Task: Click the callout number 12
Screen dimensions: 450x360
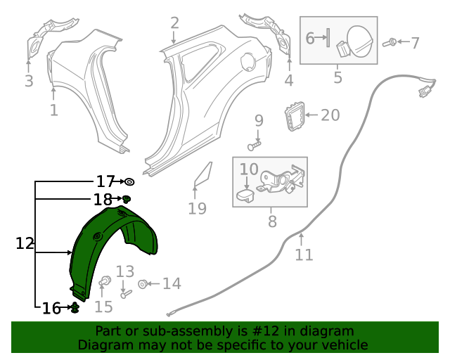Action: pos(25,243)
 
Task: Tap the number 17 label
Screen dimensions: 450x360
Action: pos(105,181)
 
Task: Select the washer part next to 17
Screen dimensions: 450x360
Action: pos(129,181)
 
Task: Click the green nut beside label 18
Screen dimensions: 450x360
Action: pos(127,199)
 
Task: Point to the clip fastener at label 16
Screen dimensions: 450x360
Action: pos(75,308)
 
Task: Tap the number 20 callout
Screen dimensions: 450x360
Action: pos(330,115)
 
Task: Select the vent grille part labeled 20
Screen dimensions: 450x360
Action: pos(295,116)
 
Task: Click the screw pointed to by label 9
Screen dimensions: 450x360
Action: pos(255,146)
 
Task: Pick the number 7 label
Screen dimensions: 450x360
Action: pos(415,43)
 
